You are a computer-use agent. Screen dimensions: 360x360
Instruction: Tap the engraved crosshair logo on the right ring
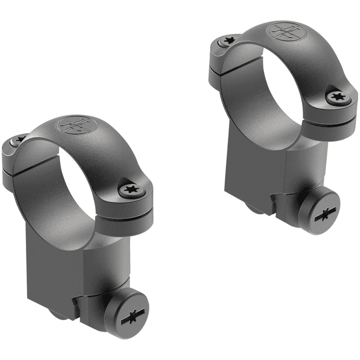point(285,30)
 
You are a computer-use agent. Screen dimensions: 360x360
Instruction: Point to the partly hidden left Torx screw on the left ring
point(20,138)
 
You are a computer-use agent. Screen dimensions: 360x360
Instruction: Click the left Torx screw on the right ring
point(228,40)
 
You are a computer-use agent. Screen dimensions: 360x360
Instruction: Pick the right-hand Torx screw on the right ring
point(338,97)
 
